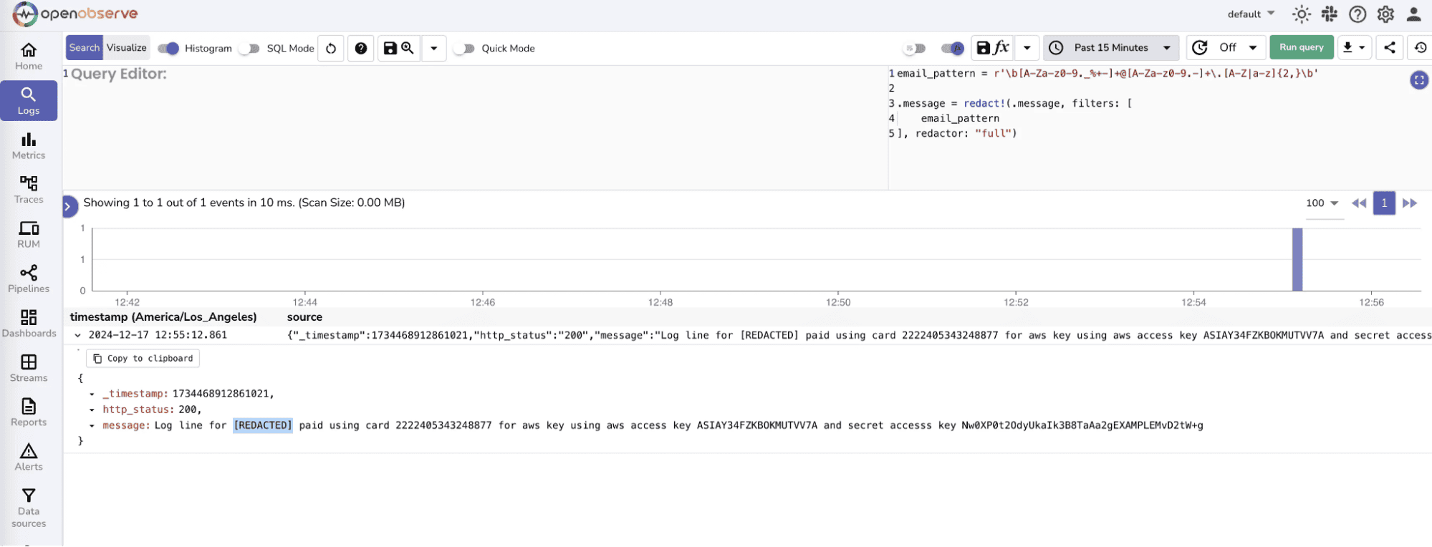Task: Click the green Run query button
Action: (1301, 48)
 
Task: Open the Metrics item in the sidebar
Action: (29, 145)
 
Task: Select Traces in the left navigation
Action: (29, 190)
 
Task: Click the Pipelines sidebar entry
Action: (29, 279)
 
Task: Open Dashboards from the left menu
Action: (29, 323)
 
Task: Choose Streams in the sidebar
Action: (29, 368)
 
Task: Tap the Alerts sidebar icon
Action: (29, 457)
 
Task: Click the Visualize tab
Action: (127, 48)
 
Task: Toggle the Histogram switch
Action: (168, 49)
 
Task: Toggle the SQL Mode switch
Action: (249, 49)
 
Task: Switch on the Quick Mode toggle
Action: (464, 49)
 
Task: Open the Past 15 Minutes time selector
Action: (1111, 48)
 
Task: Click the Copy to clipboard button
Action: (143, 359)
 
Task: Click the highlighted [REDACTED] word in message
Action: (263, 425)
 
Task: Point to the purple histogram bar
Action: (1297, 259)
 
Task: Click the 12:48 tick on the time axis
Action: (660, 302)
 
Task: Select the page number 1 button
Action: (1383, 203)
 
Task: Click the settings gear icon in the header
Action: (1385, 14)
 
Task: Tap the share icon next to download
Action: (1389, 48)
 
